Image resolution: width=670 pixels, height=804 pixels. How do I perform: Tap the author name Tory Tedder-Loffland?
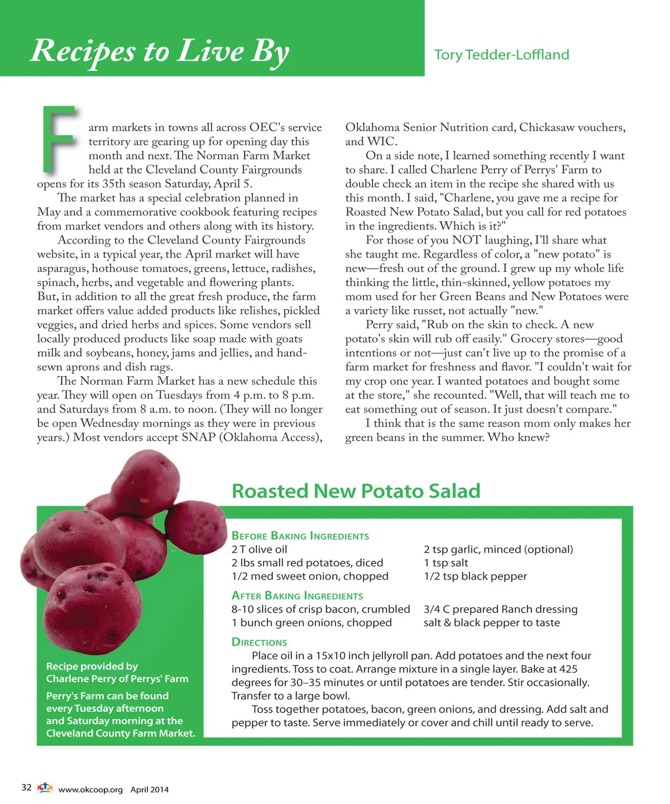pos(501,55)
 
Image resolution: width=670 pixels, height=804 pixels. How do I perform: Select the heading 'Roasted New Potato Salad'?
pos(356,491)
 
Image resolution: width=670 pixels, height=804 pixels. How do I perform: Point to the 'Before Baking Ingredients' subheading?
pos(300,536)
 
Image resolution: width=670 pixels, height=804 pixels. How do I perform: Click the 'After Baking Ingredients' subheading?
pos(297,596)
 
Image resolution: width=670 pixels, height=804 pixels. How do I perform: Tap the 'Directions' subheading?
pos(259,642)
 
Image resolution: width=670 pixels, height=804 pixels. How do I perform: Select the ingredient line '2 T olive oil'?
pos(259,549)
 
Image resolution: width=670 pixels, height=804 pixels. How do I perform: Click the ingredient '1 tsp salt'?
pos(446,563)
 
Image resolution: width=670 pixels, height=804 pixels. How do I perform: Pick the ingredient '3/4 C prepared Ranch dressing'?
pos(500,609)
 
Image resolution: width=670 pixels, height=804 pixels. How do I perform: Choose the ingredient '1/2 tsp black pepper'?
pos(475,576)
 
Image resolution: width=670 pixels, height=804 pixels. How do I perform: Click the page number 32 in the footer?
pos(26,788)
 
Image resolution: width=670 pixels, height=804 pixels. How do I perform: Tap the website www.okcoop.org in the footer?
pos(90,789)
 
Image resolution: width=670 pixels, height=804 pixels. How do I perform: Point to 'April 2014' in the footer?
pos(150,789)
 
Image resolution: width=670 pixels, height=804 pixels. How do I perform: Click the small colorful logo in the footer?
pos(45,788)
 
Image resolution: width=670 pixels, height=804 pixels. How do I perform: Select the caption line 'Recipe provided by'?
pos(92,666)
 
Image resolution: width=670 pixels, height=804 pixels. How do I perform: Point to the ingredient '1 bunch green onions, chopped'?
pos(312,623)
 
